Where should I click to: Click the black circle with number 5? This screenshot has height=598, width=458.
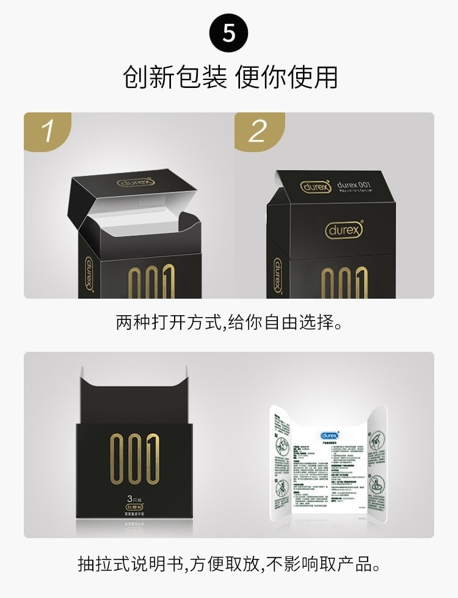click(x=229, y=32)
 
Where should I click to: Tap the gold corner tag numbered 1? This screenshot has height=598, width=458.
click(x=47, y=130)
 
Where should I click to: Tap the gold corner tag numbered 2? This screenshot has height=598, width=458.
click(x=258, y=130)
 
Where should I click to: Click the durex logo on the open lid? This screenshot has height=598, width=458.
click(x=136, y=182)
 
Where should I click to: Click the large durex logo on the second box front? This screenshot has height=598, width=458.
click(x=344, y=230)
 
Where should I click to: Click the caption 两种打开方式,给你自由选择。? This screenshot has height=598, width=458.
click(x=229, y=321)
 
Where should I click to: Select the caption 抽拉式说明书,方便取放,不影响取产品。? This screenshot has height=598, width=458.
click(x=229, y=563)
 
